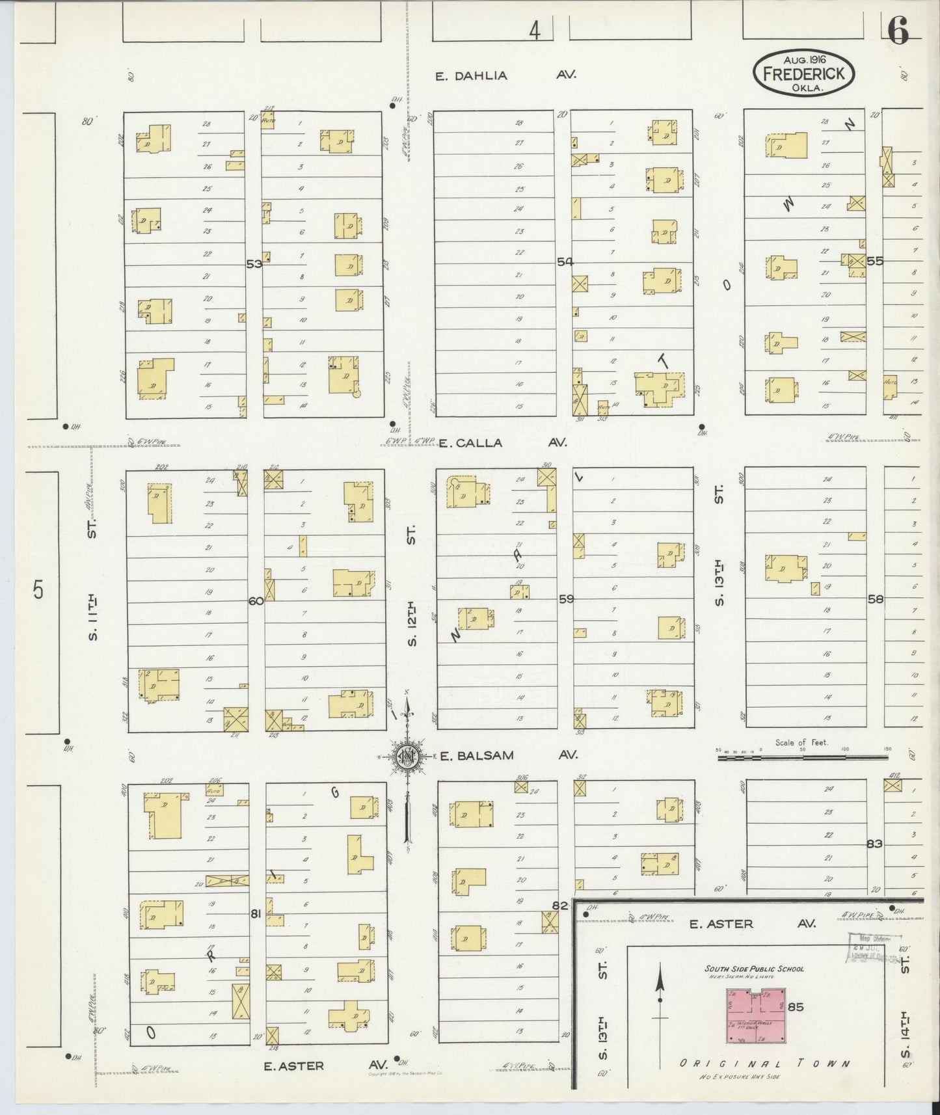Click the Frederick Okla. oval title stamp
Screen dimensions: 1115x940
pos(803,72)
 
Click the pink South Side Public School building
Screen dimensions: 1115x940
pos(756,1015)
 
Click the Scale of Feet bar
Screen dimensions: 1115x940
pos(803,758)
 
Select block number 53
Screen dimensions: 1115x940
pos(254,264)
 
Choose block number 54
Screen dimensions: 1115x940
pos(565,262)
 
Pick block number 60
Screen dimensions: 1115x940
pos(256,601)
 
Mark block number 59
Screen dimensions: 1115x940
pos(566,598)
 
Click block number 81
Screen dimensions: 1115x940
pos(256,914)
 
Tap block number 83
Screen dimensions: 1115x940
pos(874,844)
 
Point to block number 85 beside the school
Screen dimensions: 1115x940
pos(796,1007)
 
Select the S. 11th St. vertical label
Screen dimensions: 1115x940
pos(93,579)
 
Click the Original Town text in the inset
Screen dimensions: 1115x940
pos(764,1064)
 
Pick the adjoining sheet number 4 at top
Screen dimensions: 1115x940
pos(535,30)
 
